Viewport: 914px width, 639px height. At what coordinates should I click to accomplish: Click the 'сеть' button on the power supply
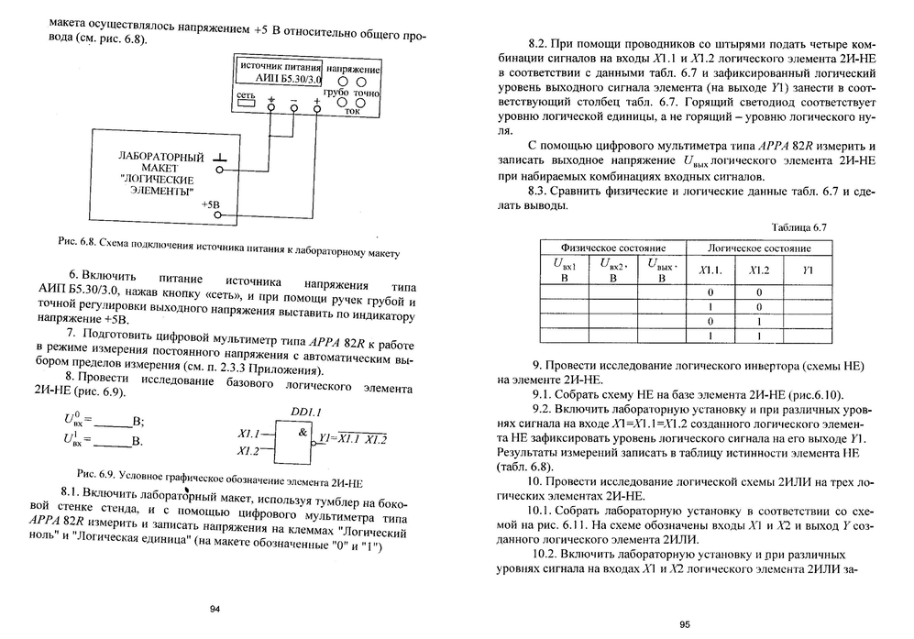pos(246,102)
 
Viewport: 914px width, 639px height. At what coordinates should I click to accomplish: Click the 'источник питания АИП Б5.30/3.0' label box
pos(279,73)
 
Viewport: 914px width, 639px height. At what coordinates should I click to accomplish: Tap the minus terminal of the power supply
pos(293,107)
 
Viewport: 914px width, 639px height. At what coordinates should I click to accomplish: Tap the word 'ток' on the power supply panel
pos(352,111)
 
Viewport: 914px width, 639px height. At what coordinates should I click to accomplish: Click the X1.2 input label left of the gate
pos(248,450)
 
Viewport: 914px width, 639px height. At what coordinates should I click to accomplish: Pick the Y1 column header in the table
pos(808,270)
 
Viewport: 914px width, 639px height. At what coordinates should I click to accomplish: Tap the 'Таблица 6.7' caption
pos(799,226)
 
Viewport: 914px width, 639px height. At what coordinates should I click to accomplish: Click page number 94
pos(215,610)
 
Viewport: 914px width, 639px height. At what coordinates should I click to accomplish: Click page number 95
pos(684,624)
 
